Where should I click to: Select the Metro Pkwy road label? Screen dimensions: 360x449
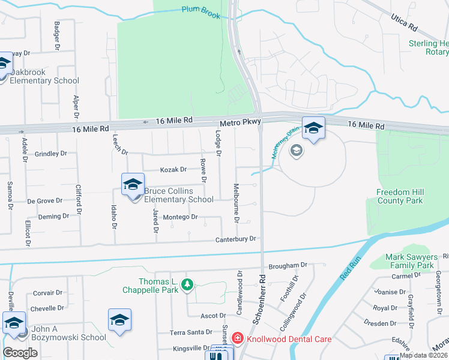click(240, 122)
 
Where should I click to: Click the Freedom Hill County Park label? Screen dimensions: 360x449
click(400, 196)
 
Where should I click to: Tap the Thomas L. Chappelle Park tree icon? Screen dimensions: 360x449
click(187, 284)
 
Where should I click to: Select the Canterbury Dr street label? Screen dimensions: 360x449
click(236, 239)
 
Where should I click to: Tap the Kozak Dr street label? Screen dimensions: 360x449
click(173, 170)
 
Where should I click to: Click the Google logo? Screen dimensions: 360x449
click(20, 353)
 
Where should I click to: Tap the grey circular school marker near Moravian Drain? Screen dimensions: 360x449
click(295, 150)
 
